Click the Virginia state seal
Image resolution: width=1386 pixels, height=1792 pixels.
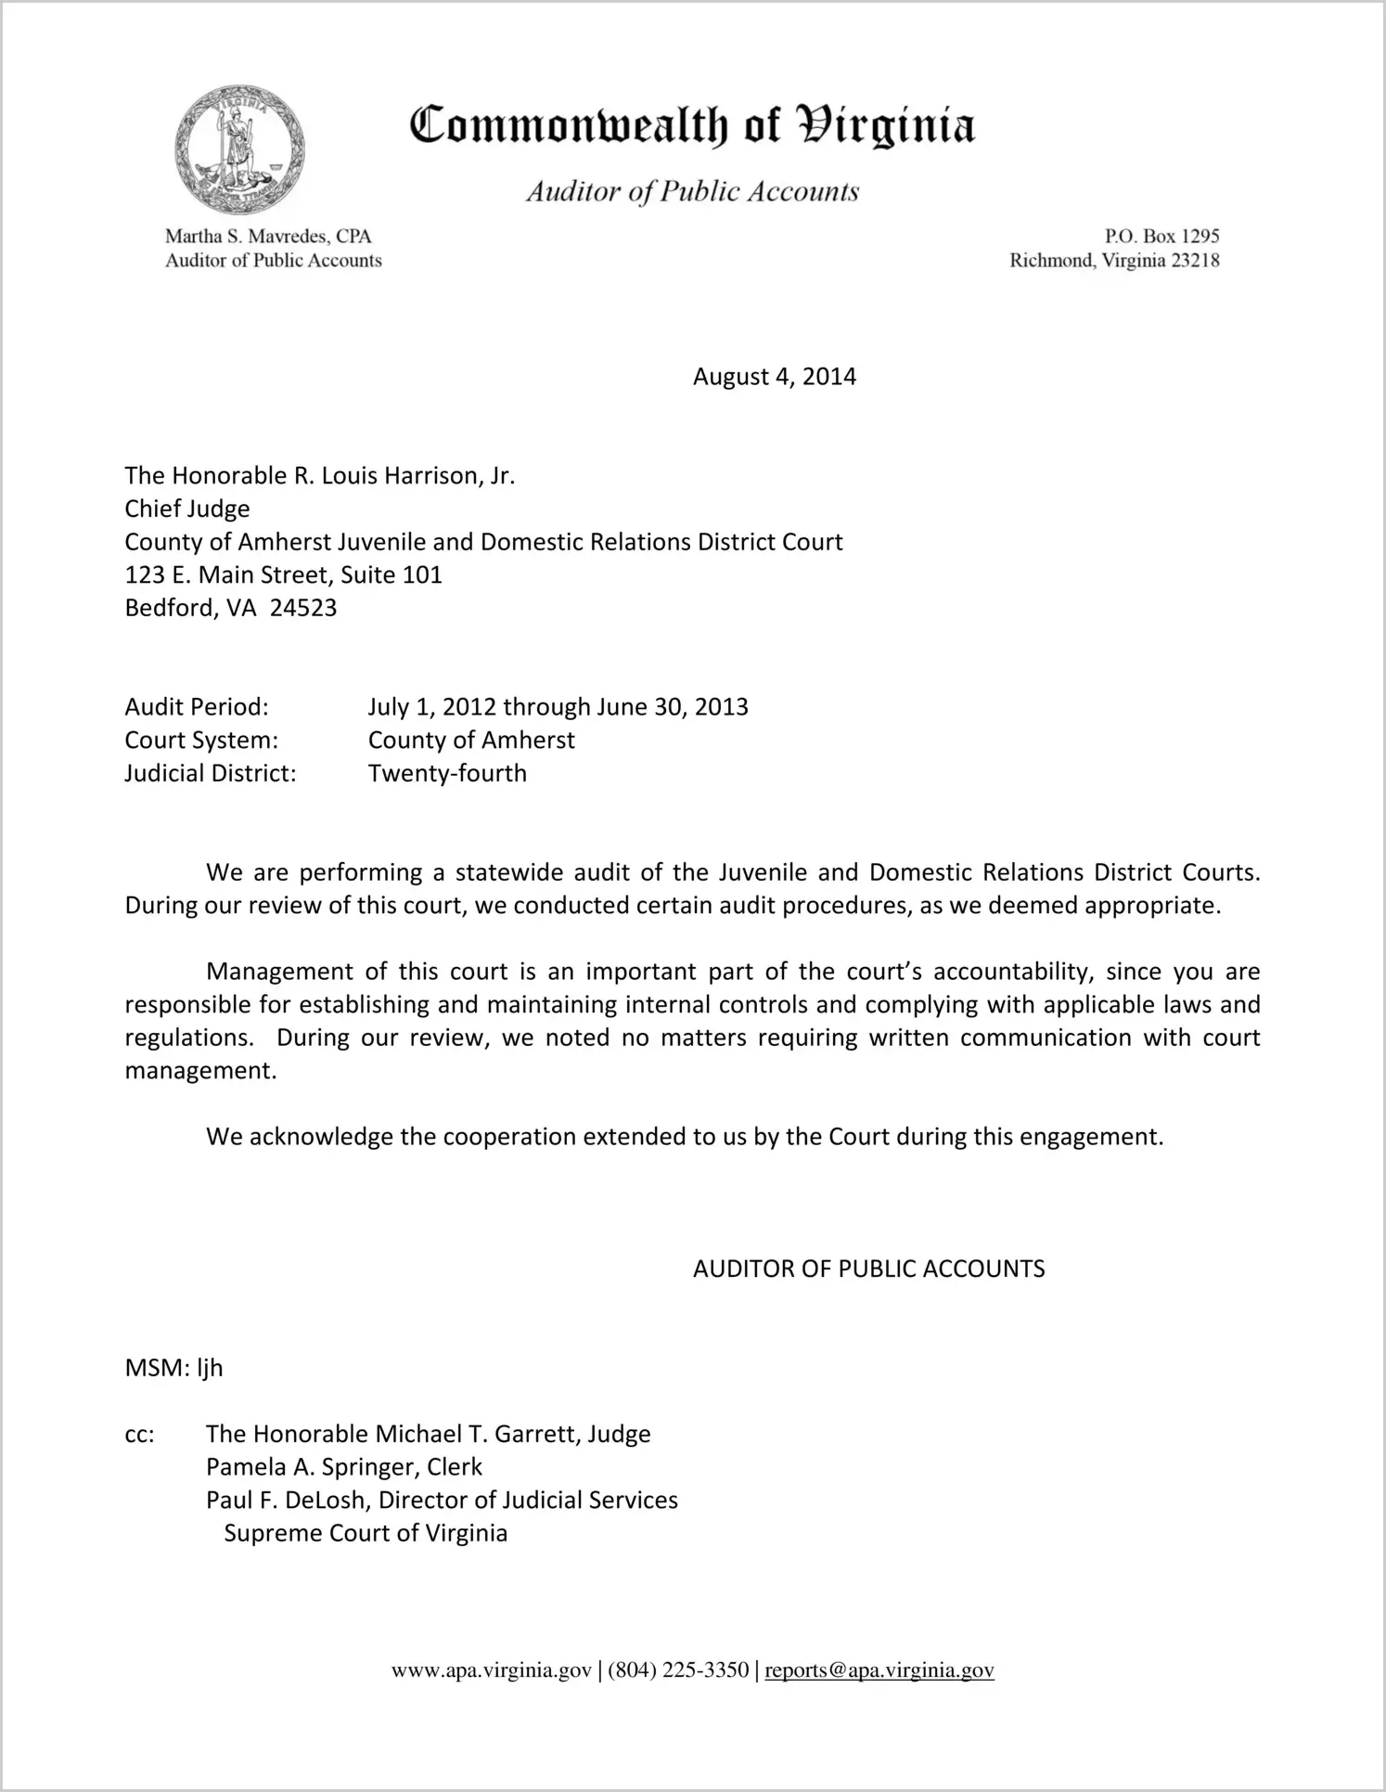pyautogui.click(x=239, y=149)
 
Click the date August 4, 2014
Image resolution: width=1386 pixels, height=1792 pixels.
pyautogui.click(x=774, y=377)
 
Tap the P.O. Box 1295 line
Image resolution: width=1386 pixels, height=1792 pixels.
pyautogui.click(x=1161, y=237)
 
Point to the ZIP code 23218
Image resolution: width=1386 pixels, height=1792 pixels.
pyautogui.click(x=1195, y=261)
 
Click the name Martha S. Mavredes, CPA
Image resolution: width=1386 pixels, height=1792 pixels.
pyautogui.click(x=268, y=237)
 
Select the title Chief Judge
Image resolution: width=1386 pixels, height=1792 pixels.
pyautogui.click(x=187, y=509)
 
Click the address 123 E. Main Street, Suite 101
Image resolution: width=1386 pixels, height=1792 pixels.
pyautogui.click(x=283, y=575)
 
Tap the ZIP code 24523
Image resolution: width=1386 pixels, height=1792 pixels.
pyautogui.click(x=303, y=609)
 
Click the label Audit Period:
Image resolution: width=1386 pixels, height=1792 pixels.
pyautogui.click(x=197, y=707)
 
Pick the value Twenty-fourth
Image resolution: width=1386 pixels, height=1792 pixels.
pyautogui.click(x=447, y=774)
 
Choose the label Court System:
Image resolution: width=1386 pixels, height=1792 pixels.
pyautogui.click(x=201, y=741)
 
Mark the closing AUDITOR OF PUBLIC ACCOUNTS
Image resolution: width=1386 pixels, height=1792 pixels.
pyautogui.click(x=868, y=1270)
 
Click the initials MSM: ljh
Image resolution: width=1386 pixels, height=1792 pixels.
pyautogui.click(x=173, y=1369)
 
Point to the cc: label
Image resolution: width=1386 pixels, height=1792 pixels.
pyautogui.click(x=139, y=1435)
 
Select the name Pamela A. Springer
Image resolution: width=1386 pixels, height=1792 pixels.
pyautogui.click(x=313, y=1467)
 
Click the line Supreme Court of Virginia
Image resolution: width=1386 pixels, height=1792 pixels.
pyautogui.click(x=366, y=1533)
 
